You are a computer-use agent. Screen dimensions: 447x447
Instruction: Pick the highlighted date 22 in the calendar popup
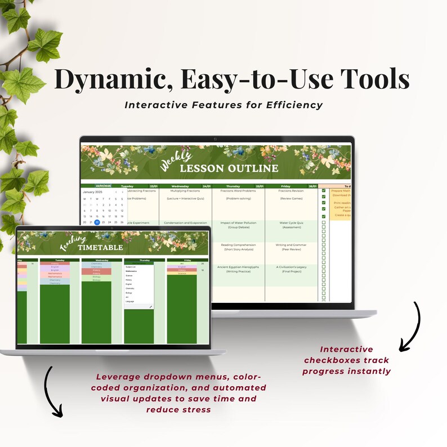[x=97, y=222]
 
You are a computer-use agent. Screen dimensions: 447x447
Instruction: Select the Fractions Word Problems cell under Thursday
[x=238, y=191]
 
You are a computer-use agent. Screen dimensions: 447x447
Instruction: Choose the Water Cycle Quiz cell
[x=291, y=222]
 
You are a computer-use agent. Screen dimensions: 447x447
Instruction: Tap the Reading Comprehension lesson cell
[x=238, y=245]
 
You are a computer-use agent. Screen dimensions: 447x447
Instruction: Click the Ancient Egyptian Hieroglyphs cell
[x=238, y=267]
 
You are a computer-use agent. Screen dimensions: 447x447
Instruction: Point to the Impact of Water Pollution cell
[x=238, y=222]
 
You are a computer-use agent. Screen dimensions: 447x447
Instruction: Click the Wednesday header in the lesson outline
[x=180, y=186]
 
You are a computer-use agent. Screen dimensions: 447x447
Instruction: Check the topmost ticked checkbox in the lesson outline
[x=324, y=191]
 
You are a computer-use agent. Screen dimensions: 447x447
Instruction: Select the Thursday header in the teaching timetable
[x=138, y=260]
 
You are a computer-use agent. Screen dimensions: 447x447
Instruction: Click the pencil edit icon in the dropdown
[x=150, y=307]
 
